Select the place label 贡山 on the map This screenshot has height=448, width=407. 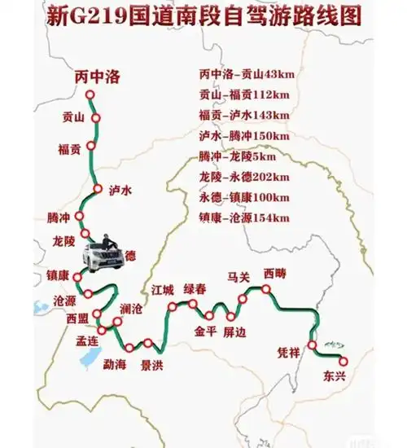[73, 117]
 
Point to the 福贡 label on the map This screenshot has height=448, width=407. [69, 149]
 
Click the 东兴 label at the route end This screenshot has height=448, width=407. [335, 377]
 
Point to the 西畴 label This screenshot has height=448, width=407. [275, 274]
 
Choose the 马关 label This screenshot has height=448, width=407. [238, 277]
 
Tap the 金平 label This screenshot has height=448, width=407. [205, 332]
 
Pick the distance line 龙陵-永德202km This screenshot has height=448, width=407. [245, 177]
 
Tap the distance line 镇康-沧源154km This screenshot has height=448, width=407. [244, 217]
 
